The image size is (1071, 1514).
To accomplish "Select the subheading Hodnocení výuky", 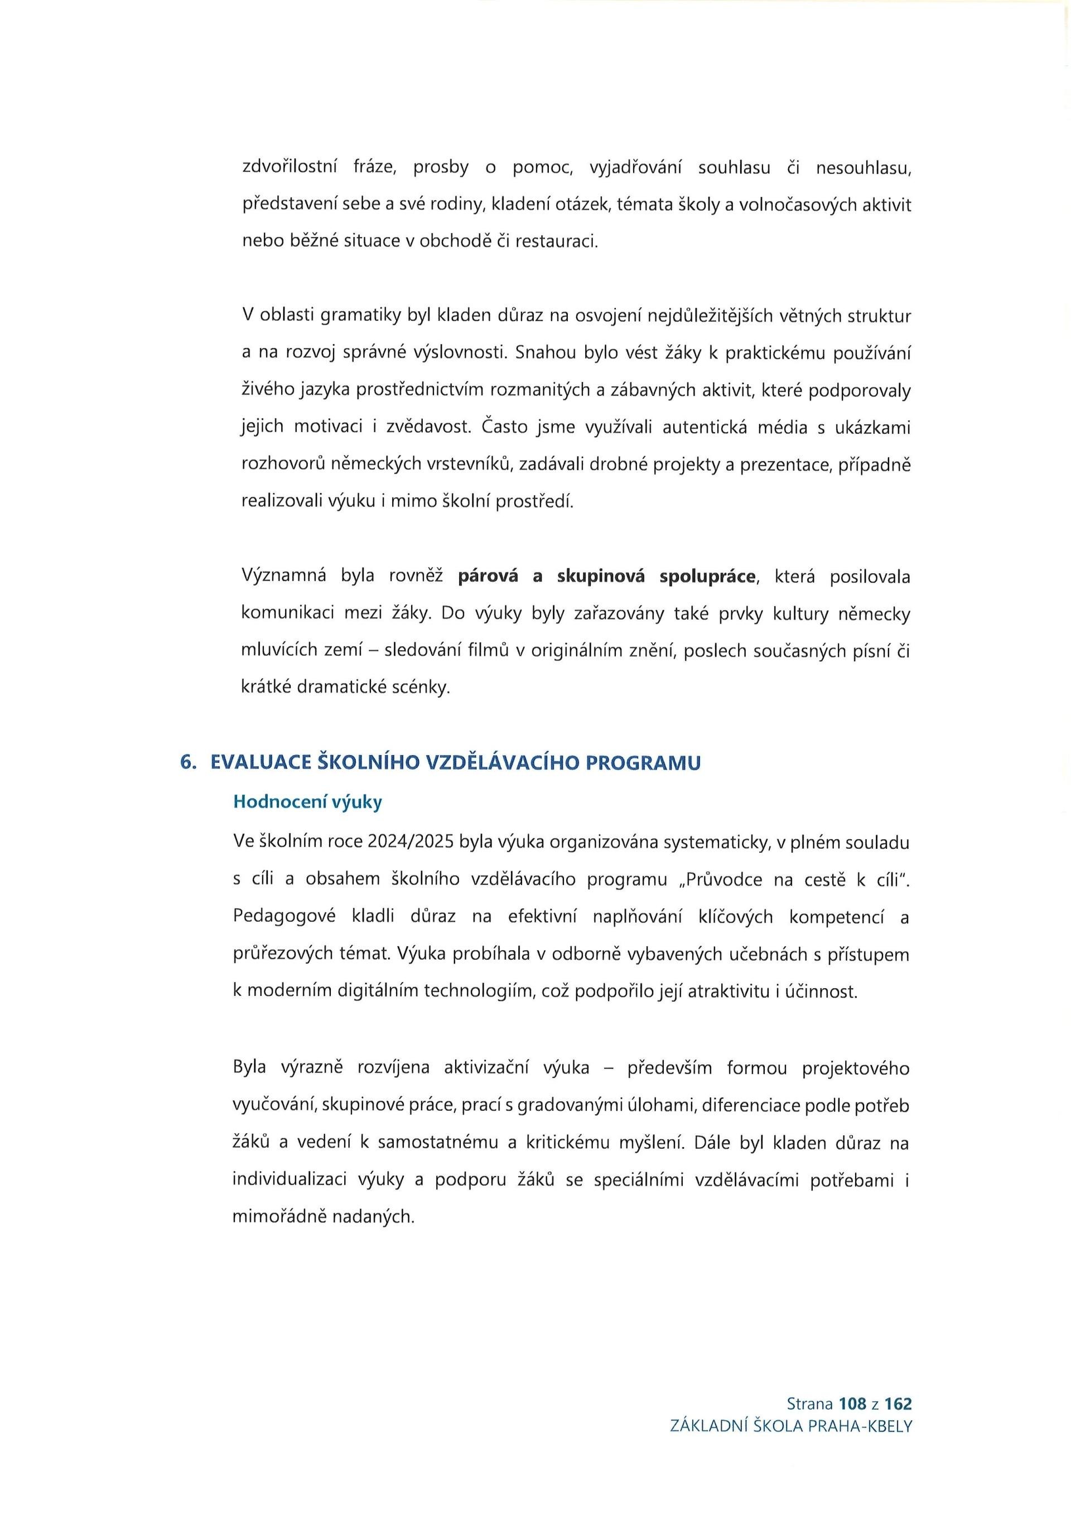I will tap(307, 802).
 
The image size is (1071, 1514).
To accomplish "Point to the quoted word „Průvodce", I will tap(723, 879).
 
